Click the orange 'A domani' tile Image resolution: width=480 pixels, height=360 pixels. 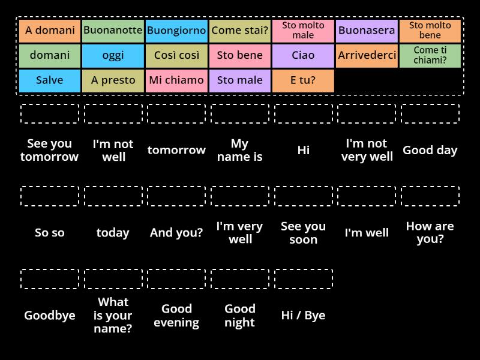pos(50,31)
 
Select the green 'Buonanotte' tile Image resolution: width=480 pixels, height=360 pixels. pos(113,31)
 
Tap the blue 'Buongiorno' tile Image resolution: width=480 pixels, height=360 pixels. pos(176,31)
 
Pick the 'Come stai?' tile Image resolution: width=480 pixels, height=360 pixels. pos(240,31)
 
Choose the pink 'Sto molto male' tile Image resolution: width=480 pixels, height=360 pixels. pos(303,31)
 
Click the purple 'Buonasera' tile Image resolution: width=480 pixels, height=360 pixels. pos(367,31)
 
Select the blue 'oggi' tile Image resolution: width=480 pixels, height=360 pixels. pos(113,56)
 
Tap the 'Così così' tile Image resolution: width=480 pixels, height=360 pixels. pos(176,56)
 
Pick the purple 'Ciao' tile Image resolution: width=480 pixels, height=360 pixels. pos(303,56)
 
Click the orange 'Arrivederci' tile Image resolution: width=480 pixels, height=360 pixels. pos(367,56)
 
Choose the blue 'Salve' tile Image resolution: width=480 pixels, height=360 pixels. pos(50,80)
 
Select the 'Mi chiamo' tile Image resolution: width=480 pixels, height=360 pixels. pos(176,80)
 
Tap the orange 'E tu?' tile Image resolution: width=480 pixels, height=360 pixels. pos(303,80)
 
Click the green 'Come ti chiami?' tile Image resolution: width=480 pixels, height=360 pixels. pos(430,56)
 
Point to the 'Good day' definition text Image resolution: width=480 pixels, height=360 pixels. pos(430,150)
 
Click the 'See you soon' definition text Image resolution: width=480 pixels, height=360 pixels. pos(303,233)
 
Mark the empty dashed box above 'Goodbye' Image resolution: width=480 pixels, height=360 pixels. pos(50,279)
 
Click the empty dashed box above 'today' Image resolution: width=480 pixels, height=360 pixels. pos(113,196)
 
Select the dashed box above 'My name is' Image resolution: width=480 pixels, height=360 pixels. pos(240,113)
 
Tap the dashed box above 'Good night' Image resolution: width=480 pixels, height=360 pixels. pos(240,279)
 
